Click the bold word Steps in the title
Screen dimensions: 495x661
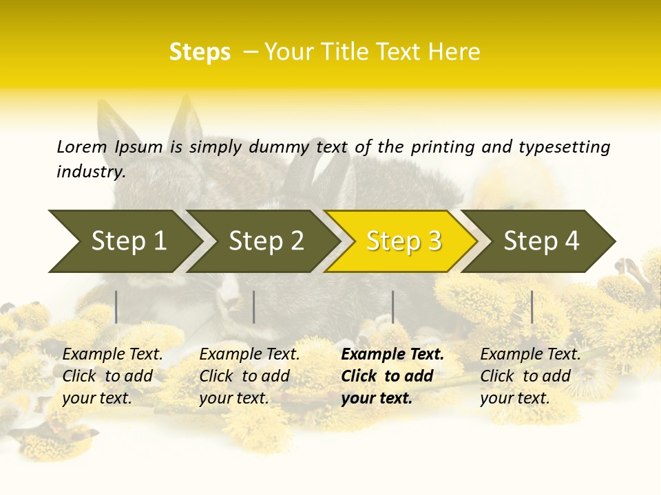tap(200, 52)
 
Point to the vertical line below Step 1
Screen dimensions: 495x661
tap(116, 307)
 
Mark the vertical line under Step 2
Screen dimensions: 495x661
tap(254, 307)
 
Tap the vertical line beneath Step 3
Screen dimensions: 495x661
tap(393, 307)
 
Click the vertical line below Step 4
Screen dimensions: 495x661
tap(532, 307)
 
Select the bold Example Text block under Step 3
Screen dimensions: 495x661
tap(392, 376)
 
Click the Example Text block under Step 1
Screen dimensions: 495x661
tap(112, 376)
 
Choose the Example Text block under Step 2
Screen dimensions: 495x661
tap(249, 376)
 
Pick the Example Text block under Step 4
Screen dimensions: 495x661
tap(530, 376)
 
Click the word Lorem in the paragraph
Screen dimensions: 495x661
tap(82, 147)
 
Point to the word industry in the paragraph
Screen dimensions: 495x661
tap(90, 172)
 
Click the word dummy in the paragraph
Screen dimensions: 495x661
tap(279, 147)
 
